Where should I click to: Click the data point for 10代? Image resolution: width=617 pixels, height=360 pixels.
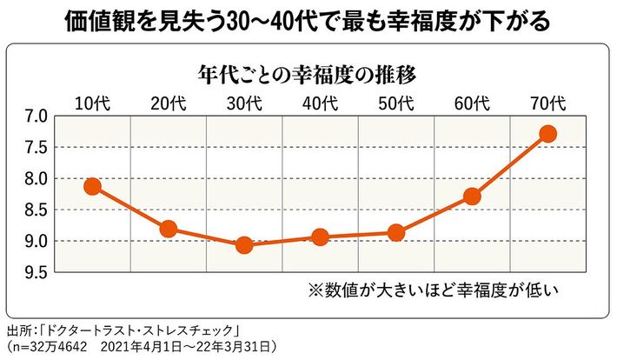pyautogui.click(x=92, y=186)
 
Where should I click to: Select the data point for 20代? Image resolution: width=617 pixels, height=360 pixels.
pyautogui.click(x=168, y=230)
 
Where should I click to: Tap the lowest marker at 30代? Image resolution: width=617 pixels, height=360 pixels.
pyautogui.click(x=244, y=245)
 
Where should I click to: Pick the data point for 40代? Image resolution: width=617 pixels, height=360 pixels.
pyautogui.click(x=320, y=237)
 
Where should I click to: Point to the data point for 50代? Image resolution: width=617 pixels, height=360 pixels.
pyautogui.click(x=396, y=232)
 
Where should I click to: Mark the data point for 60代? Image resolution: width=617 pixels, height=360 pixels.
pyautogui.click(x=472, y=196)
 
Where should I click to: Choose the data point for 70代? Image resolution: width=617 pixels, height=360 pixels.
pyautogui.click(x=547, y=134)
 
